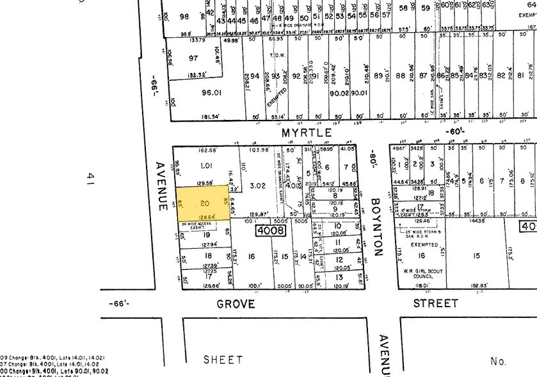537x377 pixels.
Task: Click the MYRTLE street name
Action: click(x=307, y=133)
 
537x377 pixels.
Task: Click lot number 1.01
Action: click(x=205, y=165)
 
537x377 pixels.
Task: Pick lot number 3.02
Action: click(x=258, y=186)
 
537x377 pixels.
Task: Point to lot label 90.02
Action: click(x=339, y=93)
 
